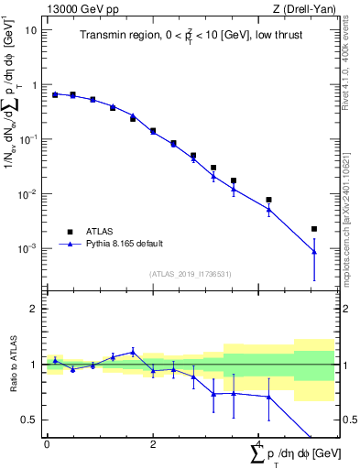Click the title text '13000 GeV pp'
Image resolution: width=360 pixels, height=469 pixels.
tap(76, 10)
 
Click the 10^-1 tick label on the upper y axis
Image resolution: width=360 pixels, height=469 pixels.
tap(27, 139)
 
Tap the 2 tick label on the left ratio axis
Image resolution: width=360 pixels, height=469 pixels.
tap(35, 309)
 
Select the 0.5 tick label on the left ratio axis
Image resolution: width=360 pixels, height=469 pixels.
tap(30, 420)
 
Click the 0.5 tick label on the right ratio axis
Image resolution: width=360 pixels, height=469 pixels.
tap(348, 420)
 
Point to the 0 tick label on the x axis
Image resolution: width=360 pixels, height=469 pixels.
tap(47, 443)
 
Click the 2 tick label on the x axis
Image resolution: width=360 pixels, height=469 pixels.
tap(153, 443)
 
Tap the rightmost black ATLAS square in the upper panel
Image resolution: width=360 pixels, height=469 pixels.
tap(314, 229)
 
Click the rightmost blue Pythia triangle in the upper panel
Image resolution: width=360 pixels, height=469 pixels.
tap(314, 252)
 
